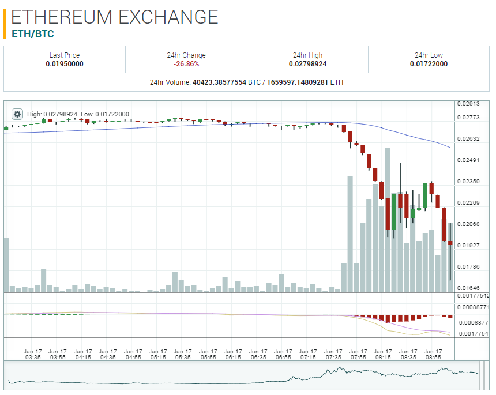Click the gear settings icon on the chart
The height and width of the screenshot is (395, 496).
[17, 114]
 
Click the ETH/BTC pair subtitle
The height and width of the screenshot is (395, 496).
[33, 34]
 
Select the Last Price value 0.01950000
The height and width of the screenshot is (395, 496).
[65, 64]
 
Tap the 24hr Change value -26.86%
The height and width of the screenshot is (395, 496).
[186, 64]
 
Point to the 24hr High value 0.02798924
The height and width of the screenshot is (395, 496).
[307, 64]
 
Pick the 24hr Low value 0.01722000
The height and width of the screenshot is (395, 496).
[429, 64]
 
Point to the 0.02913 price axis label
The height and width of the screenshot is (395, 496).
[468, 104]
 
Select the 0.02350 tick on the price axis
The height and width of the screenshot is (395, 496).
[468, 182]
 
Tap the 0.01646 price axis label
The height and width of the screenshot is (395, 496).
[468, 288]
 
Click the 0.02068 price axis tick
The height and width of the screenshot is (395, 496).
[468, 224]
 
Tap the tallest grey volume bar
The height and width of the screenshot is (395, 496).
[388, 219]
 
